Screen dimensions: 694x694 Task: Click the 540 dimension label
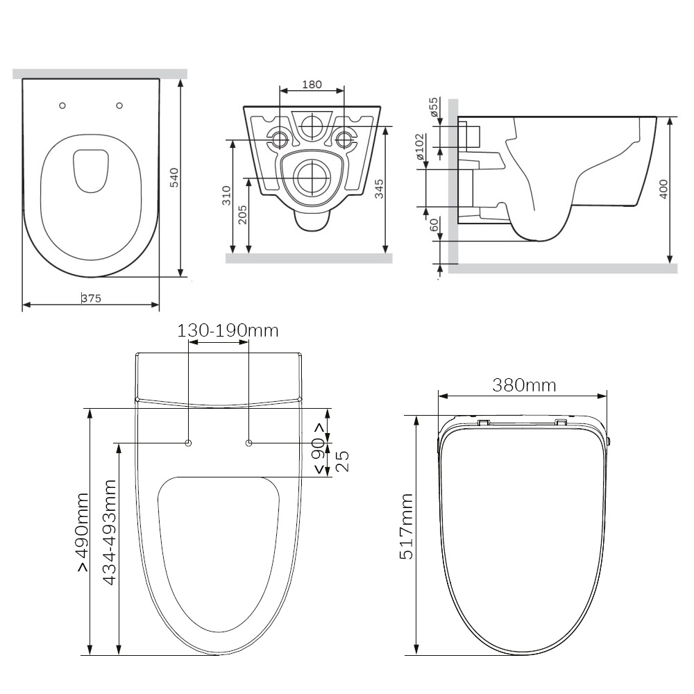174,178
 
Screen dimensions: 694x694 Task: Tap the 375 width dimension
91,298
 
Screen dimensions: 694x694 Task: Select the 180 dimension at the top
312,84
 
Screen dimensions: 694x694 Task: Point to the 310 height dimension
226,195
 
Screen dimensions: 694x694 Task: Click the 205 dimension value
242,214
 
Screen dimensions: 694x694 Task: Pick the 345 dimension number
379,189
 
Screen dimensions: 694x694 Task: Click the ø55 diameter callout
433,107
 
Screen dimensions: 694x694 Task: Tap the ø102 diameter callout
420,147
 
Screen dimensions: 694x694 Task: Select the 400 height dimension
663,189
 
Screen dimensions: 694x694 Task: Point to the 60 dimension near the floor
434,225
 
